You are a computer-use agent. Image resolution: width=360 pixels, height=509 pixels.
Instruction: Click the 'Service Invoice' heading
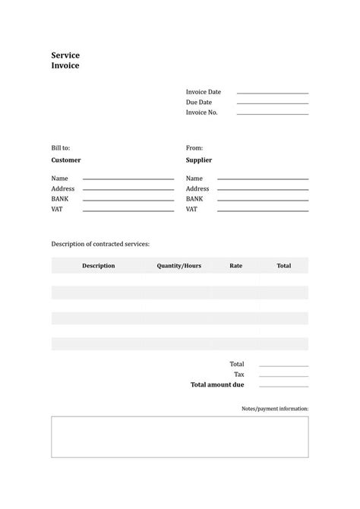tap(65, 60)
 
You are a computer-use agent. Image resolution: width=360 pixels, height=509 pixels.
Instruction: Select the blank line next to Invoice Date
tap(273, 93)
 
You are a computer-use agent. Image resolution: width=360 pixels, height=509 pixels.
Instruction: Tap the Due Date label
tap(199, 102)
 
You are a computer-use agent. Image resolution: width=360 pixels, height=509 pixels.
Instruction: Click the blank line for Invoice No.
tap(273, 114)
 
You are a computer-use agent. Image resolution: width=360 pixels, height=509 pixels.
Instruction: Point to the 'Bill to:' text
tap(61, 148)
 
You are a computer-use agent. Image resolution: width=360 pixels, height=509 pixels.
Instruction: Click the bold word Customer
tap(66, 160)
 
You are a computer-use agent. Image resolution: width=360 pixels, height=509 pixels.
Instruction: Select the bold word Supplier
tap(199, 160)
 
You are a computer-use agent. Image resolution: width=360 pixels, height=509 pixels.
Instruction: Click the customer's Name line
tap(128, 179)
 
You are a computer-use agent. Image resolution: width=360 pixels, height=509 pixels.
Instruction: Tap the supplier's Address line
tap(264, 190)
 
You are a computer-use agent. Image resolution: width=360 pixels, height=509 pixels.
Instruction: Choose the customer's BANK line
tap(128, 200)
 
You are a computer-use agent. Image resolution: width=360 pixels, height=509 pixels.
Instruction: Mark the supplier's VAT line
tap(264, 210)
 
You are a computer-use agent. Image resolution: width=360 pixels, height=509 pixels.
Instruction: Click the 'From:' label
tap(194, 148)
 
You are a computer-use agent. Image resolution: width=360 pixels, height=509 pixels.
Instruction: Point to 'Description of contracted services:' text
tap(100, 244)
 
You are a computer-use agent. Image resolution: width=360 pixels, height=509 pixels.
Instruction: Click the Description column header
tap(99, 266)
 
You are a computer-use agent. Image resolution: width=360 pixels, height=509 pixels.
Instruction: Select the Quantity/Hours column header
tap(179, 266)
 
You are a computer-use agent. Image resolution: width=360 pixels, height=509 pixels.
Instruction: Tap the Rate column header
tap(236, 266)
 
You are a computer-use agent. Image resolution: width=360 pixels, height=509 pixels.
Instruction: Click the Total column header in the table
tap(283, 266)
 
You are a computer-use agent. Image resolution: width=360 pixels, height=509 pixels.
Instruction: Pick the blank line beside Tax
tap(283, 376)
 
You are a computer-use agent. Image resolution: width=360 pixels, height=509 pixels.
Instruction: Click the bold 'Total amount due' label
tap(217, 385)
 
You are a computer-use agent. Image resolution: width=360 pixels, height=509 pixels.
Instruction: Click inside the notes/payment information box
tap(180, 437)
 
